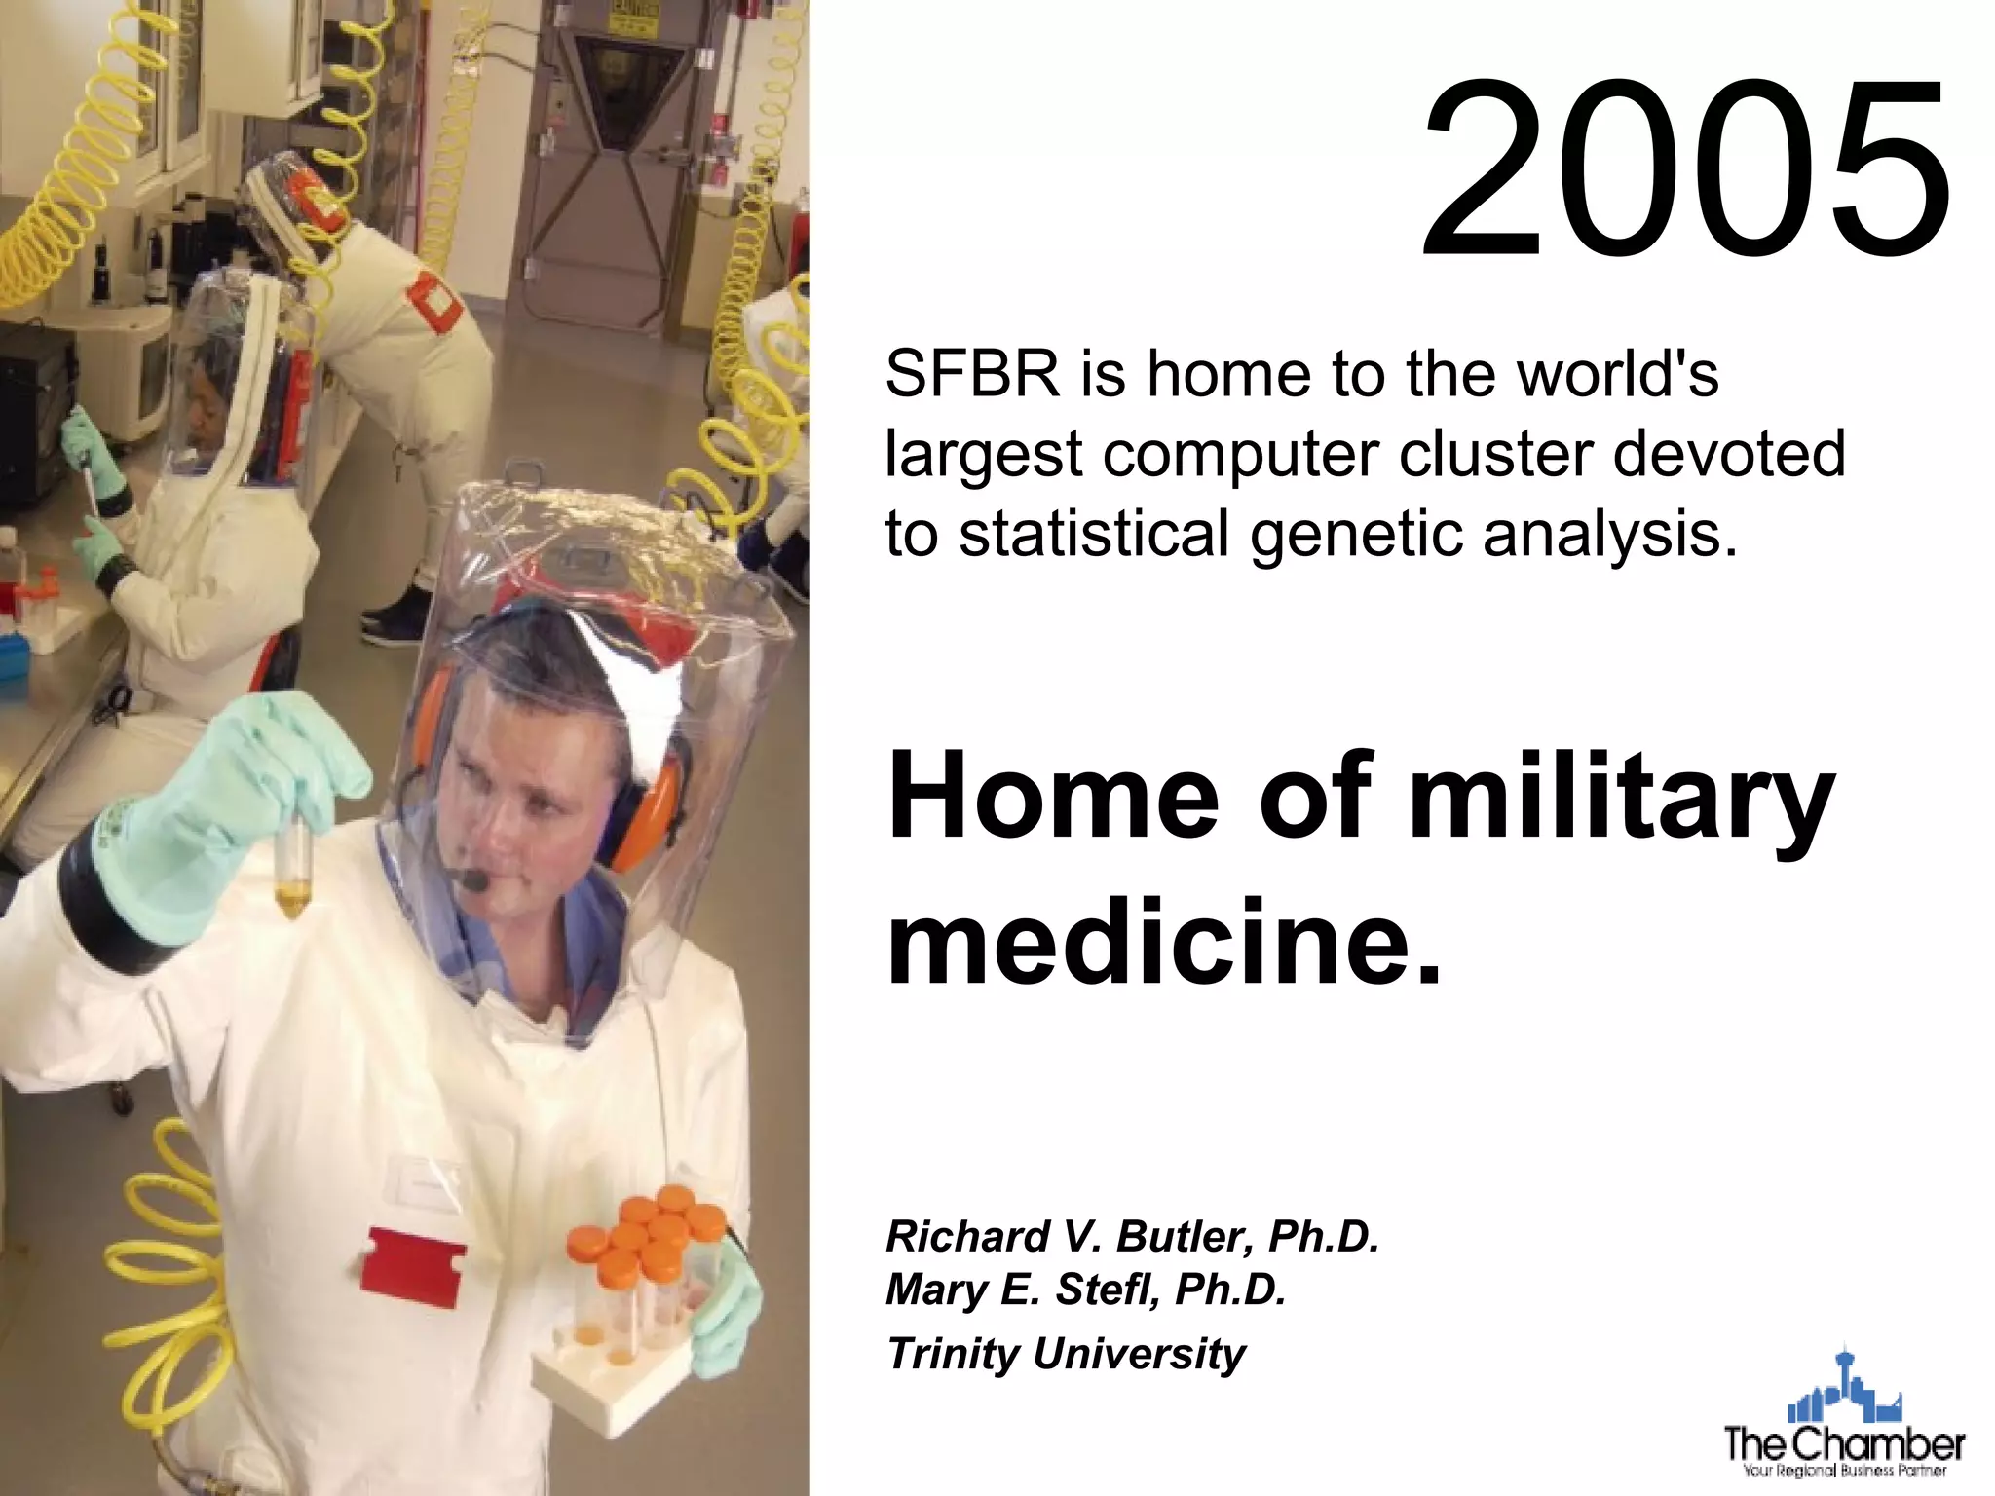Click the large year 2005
1685,170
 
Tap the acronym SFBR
971,374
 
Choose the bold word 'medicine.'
1163,943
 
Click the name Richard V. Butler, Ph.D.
1132,1236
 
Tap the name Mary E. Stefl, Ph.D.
1085,1290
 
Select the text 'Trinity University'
1066,1354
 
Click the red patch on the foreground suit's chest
413,1267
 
